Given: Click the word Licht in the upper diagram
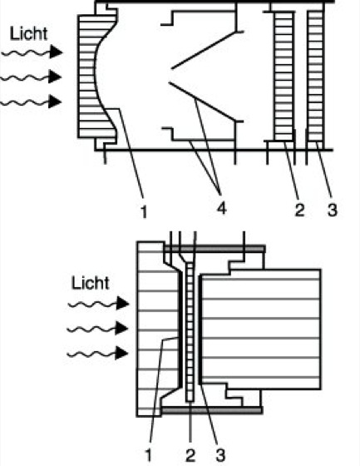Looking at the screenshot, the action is click(x=28, y=33).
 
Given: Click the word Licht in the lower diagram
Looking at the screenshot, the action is click(x=91, y=283).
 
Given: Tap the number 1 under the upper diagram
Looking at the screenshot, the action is click(x=144, y=212).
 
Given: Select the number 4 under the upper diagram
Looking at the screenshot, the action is click(x=222, y=208).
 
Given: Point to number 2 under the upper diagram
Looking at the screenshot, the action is click(x=299, y=210).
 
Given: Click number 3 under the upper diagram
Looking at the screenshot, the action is click(x=333, y=210).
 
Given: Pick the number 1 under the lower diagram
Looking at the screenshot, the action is click(x=149, y=455).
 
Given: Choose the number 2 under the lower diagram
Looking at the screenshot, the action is click(x=190, y=455).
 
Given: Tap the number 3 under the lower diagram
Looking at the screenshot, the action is click(x=220, y=455).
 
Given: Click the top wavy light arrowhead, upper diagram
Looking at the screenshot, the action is click(x=56, y=52).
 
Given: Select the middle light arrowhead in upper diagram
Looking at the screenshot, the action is click(x=55, y=77).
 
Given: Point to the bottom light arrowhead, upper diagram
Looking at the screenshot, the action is click(x=55, y=102).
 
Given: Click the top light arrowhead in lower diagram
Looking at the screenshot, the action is click(x=122, y=303).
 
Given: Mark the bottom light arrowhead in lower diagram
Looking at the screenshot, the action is click(x=121, y=353).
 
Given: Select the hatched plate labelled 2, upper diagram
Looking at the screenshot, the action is click(x=284, y=76).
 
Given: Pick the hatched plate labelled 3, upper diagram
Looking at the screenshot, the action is click(x=315, y=76).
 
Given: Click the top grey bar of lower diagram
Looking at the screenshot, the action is click(x=215, y=249).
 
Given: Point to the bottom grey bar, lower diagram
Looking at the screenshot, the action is click(x=212, y=410).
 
